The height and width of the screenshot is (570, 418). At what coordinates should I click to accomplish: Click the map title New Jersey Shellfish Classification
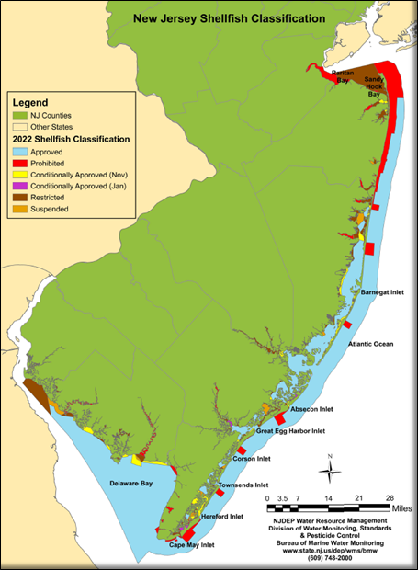228,17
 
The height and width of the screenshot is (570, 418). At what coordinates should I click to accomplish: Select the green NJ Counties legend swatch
21,114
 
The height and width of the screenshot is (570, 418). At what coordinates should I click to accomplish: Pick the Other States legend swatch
21,126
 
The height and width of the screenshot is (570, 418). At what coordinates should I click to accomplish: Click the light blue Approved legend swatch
21,150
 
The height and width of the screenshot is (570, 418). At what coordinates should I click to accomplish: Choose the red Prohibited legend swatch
21,162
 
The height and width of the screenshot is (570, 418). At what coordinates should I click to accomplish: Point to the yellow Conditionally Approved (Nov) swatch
21,174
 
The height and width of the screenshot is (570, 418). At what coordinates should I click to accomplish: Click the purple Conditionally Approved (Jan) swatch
21,186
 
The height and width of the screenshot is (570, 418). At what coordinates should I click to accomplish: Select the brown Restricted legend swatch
21,198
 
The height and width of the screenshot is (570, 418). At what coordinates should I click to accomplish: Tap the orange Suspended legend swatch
21,210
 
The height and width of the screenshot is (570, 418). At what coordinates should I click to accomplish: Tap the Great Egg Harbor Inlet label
290,430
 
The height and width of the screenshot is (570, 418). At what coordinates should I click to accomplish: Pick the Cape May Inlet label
192,545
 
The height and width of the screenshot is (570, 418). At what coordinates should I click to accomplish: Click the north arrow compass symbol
329,471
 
